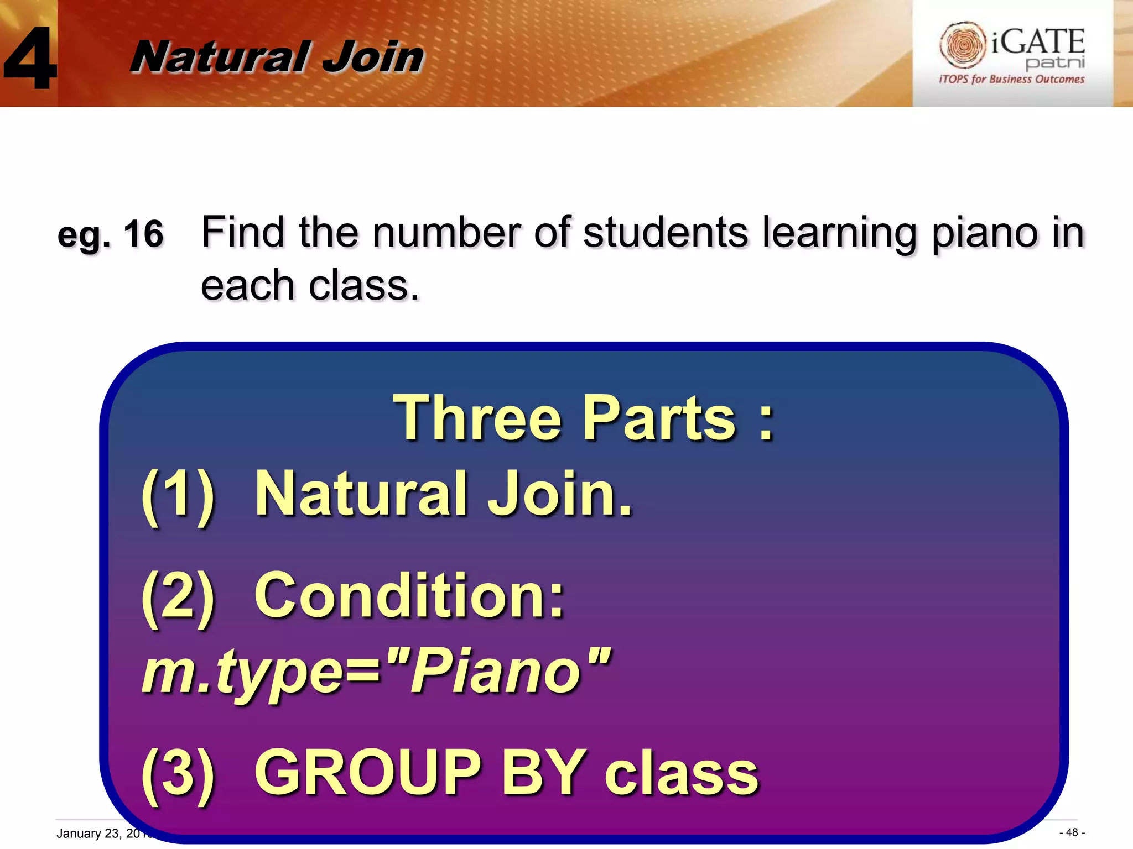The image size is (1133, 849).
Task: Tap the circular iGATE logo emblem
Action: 962,44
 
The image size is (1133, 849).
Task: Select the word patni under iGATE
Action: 1054,62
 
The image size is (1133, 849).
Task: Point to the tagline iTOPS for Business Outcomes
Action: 1011,79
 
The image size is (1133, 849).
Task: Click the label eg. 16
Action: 110,234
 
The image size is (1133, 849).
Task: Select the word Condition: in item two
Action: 409,596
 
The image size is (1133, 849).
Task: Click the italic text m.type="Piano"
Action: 376,672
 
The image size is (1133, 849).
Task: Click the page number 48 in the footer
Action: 1072,832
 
